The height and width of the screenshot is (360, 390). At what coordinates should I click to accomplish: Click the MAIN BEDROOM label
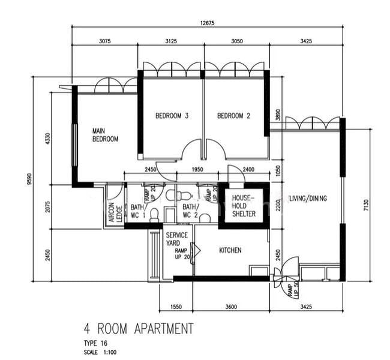click(x=105, y=135)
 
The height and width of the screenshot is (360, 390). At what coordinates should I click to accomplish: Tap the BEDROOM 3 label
click(x=172, y=116)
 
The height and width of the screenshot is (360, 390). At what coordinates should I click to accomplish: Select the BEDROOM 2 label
click(x=233, y=116)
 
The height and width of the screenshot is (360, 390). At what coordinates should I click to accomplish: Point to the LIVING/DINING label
click(x=308, y=198)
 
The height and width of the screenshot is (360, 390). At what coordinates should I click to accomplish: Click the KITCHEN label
click(x=230, y=250)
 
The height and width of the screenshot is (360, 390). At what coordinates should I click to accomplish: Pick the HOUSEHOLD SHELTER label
click(x=244, y=206)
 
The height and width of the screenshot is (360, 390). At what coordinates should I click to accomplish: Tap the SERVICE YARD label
click(x=177, y=239)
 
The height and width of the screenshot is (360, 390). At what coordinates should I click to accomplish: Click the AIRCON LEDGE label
click(x=116, y=212)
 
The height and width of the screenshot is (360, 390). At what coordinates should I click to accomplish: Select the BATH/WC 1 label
click(x=138, y=211)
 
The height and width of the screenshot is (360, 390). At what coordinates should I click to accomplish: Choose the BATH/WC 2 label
click(x=191, y=211)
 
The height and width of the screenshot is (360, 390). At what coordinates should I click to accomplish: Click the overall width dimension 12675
click(x=207, y=23)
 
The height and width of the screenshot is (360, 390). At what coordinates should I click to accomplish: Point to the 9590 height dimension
click(x=30, y=179)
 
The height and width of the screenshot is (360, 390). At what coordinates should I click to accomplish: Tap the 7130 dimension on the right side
click(x=366, y=205)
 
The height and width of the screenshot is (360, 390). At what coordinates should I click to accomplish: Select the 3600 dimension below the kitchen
click(x=231, y=307)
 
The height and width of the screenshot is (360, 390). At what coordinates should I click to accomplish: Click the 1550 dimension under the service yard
click(x=176, y=307)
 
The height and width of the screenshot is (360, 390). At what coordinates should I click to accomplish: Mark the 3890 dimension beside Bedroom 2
click(x=278, y=115)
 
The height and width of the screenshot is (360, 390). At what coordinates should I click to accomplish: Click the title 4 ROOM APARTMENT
click(x=139, y=329)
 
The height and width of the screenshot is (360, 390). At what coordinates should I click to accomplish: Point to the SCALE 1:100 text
click(x=100, y=352)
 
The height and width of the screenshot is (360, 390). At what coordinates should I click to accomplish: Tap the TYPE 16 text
click(x=95, y=343)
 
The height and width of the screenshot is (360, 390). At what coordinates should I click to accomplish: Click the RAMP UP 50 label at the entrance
click(x=293, y=290)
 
